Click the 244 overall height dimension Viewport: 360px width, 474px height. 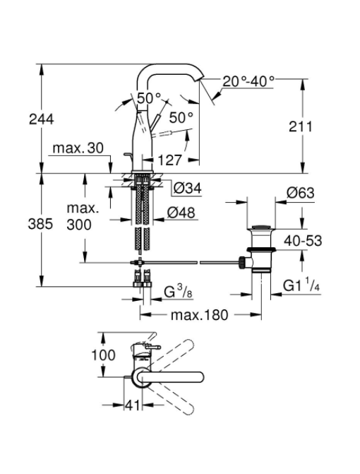(42, 119)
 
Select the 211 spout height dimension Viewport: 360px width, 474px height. (301, 126)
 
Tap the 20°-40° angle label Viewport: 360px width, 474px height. (248, 81)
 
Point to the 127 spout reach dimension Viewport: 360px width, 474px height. (170, 160)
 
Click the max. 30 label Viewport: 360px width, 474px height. (78, 148)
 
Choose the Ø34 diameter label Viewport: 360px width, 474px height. (187, 189)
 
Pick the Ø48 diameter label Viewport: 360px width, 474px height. (181, 213)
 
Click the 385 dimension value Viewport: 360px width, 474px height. (40, 225)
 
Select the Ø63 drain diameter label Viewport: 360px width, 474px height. (300, 193)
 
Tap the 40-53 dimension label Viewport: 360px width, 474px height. (303, 241)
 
